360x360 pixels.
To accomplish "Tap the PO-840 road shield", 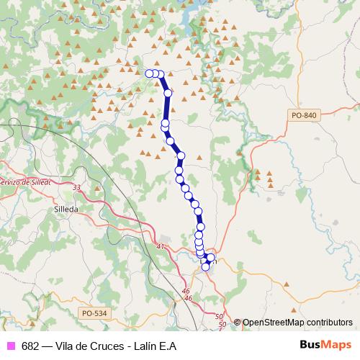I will [x=305, y=115].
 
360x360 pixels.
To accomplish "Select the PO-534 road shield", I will [x=94, y=312].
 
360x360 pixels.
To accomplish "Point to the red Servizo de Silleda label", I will [x=24, y=181].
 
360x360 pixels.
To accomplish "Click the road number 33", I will [x=77, y=188].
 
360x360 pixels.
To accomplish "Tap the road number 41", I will [x=160, y=246].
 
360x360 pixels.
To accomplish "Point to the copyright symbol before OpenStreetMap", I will [x=237, y=323].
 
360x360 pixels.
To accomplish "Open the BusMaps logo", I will [x=325, y=345].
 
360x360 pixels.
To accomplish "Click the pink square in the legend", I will [x=10, y=346].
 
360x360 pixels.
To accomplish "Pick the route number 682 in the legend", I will [x=30, y=346].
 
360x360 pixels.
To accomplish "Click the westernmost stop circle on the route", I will [x=150, y=73].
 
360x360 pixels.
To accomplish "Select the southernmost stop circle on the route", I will [x=205, y=267].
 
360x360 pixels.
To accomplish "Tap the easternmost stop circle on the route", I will [x=211, y=258].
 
